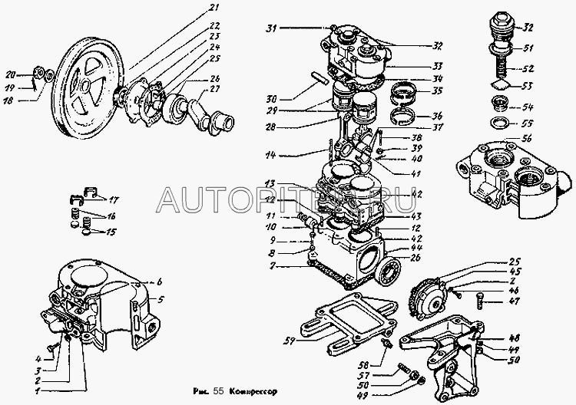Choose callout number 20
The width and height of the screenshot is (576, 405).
11,75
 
